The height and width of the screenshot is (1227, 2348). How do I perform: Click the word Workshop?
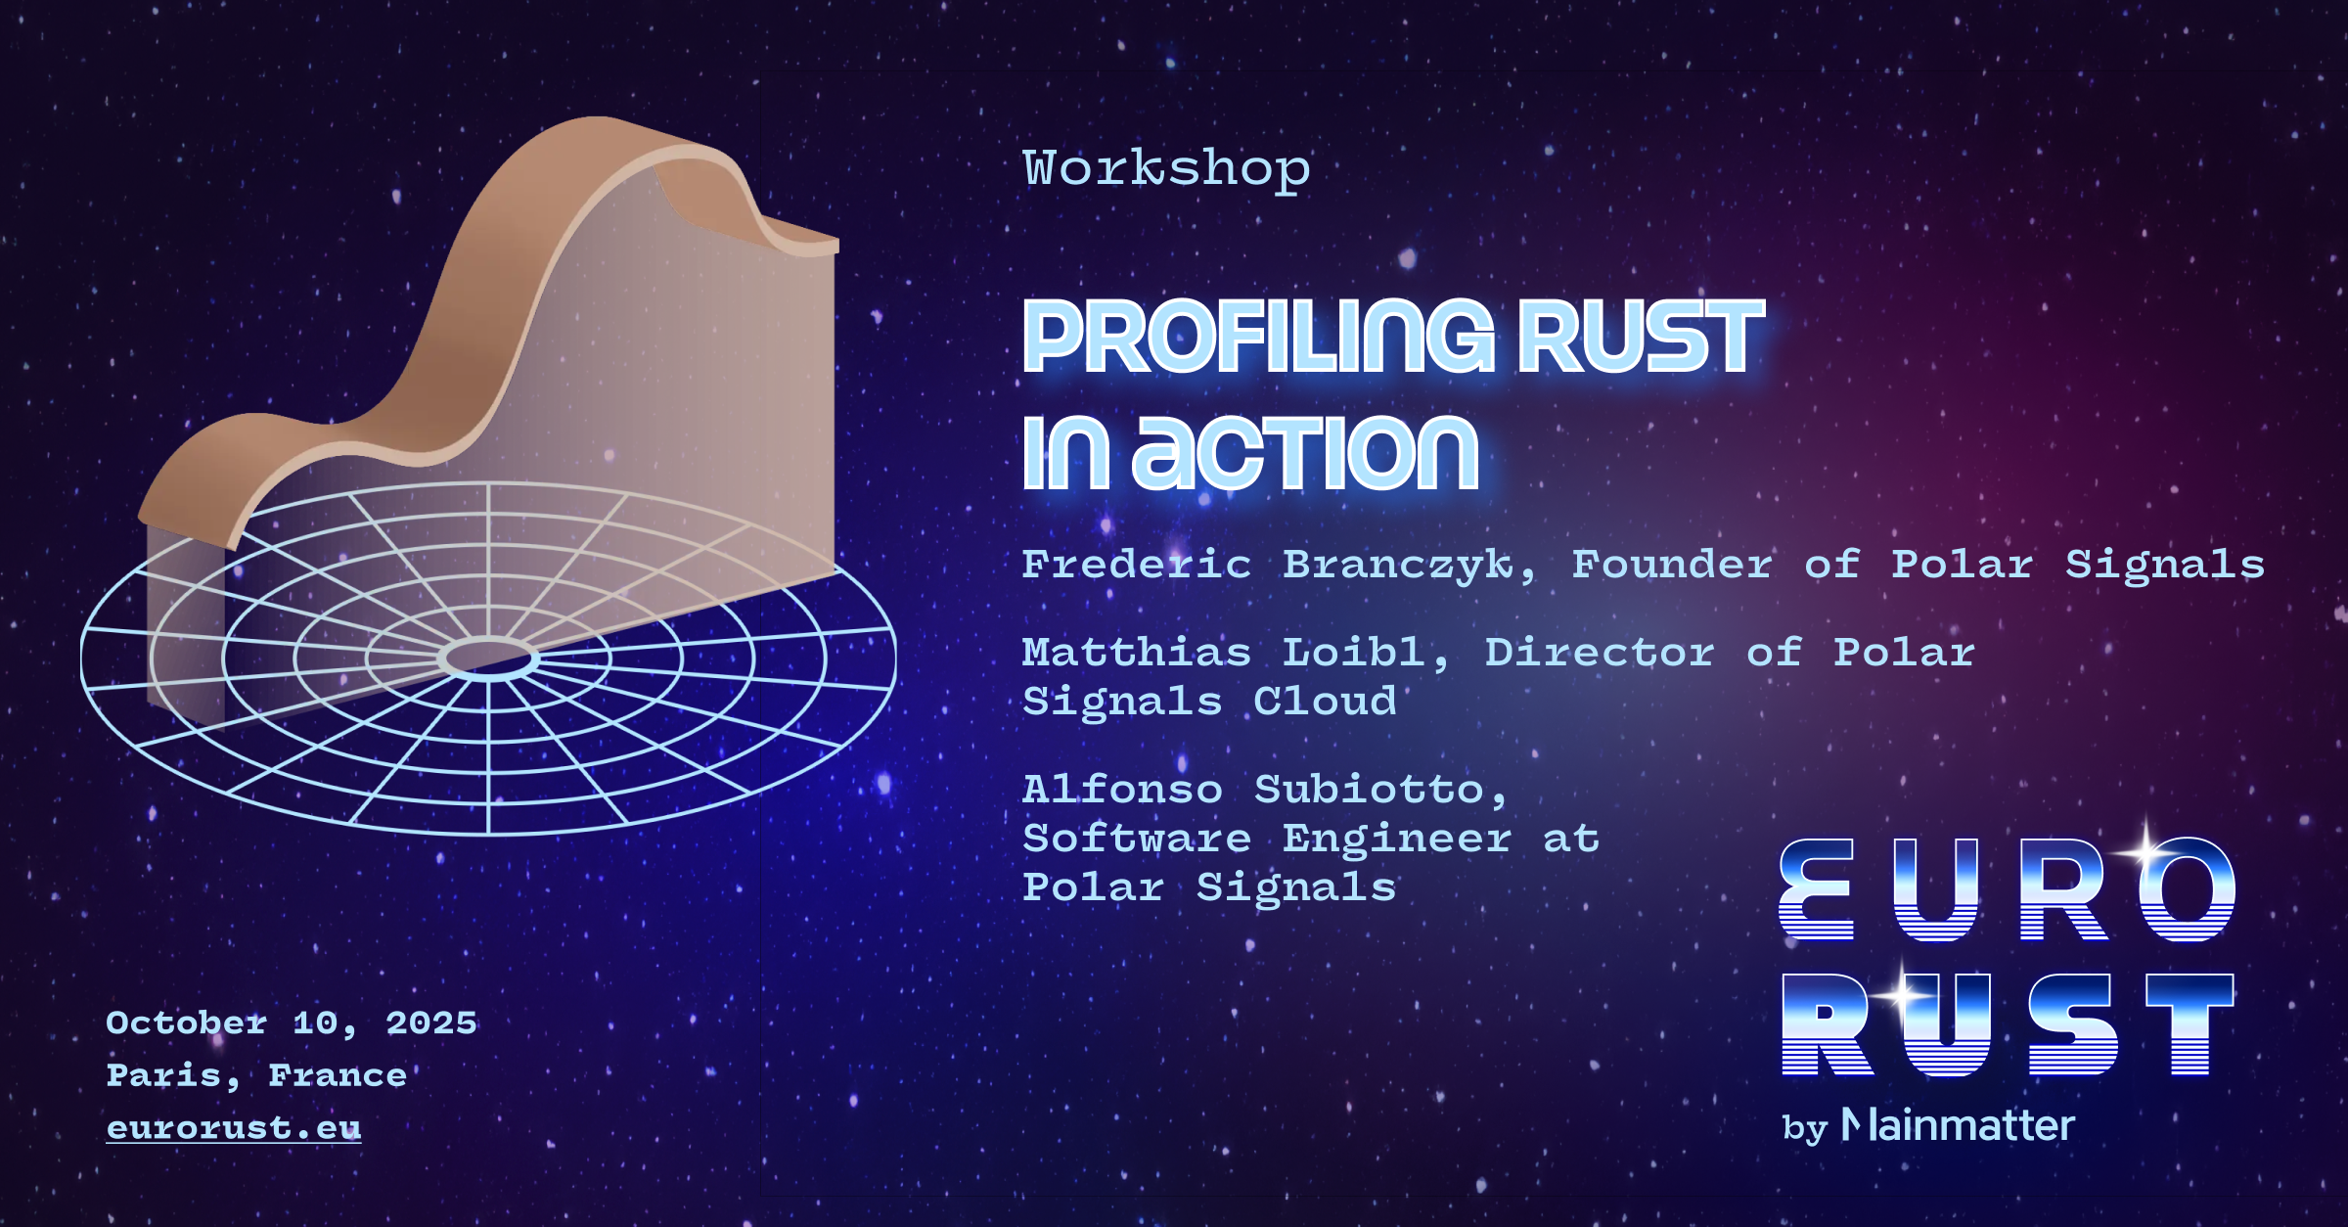point(1166,169)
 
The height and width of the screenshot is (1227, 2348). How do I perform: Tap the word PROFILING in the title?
point(1258,337)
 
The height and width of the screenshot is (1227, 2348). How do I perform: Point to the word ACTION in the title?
point(1305,452)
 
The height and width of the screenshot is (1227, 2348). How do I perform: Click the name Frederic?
point(1137,565)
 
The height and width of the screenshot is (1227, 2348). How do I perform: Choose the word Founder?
point(1672,565)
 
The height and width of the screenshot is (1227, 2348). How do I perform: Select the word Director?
point(1600,653)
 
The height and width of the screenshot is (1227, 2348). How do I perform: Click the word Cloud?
point(1325,702)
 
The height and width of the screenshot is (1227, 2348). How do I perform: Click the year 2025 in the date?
point(431,1023)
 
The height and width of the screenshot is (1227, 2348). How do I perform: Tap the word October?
point(186,1023)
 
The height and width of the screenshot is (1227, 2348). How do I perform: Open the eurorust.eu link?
point(234,1128)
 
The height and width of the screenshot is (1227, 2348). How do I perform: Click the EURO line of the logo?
point(2008,889)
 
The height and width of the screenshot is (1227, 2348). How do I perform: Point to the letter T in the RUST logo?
point(2190,1024)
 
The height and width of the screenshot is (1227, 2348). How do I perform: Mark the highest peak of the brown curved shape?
point(597,118)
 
